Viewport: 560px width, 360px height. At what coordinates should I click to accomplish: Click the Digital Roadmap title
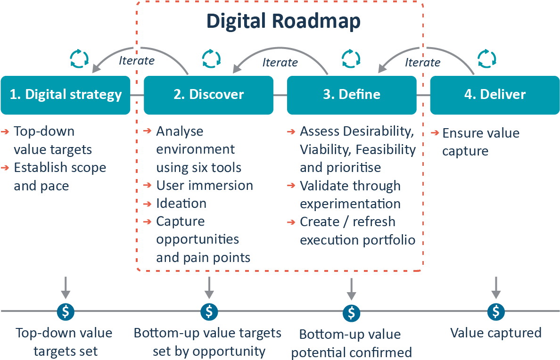283,22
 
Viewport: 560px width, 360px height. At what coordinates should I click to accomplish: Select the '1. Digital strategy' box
66,95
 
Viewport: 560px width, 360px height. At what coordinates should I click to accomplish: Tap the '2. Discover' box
208,95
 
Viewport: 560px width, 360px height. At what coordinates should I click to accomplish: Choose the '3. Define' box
352,95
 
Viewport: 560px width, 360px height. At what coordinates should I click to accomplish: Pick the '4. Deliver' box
494,95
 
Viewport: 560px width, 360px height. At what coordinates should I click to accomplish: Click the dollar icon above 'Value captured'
496,311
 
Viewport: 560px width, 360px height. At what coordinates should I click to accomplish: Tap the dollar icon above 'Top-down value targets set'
66,311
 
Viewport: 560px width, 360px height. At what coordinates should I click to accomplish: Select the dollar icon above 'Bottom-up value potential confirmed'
351,312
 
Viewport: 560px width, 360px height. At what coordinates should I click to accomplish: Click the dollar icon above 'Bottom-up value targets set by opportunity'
209,311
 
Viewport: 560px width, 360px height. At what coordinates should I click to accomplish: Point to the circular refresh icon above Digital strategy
79,58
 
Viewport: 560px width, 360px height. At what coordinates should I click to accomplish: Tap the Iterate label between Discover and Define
280,62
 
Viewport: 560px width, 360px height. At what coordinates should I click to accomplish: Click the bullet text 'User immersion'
205,186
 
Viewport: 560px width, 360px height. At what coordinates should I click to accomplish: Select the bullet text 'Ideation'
181,204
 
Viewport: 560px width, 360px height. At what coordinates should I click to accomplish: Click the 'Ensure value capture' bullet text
480,142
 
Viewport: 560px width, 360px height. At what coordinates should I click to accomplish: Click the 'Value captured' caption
496,333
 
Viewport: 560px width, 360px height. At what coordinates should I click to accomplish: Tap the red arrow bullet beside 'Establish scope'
6,168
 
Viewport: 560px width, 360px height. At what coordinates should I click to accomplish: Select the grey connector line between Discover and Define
280,95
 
